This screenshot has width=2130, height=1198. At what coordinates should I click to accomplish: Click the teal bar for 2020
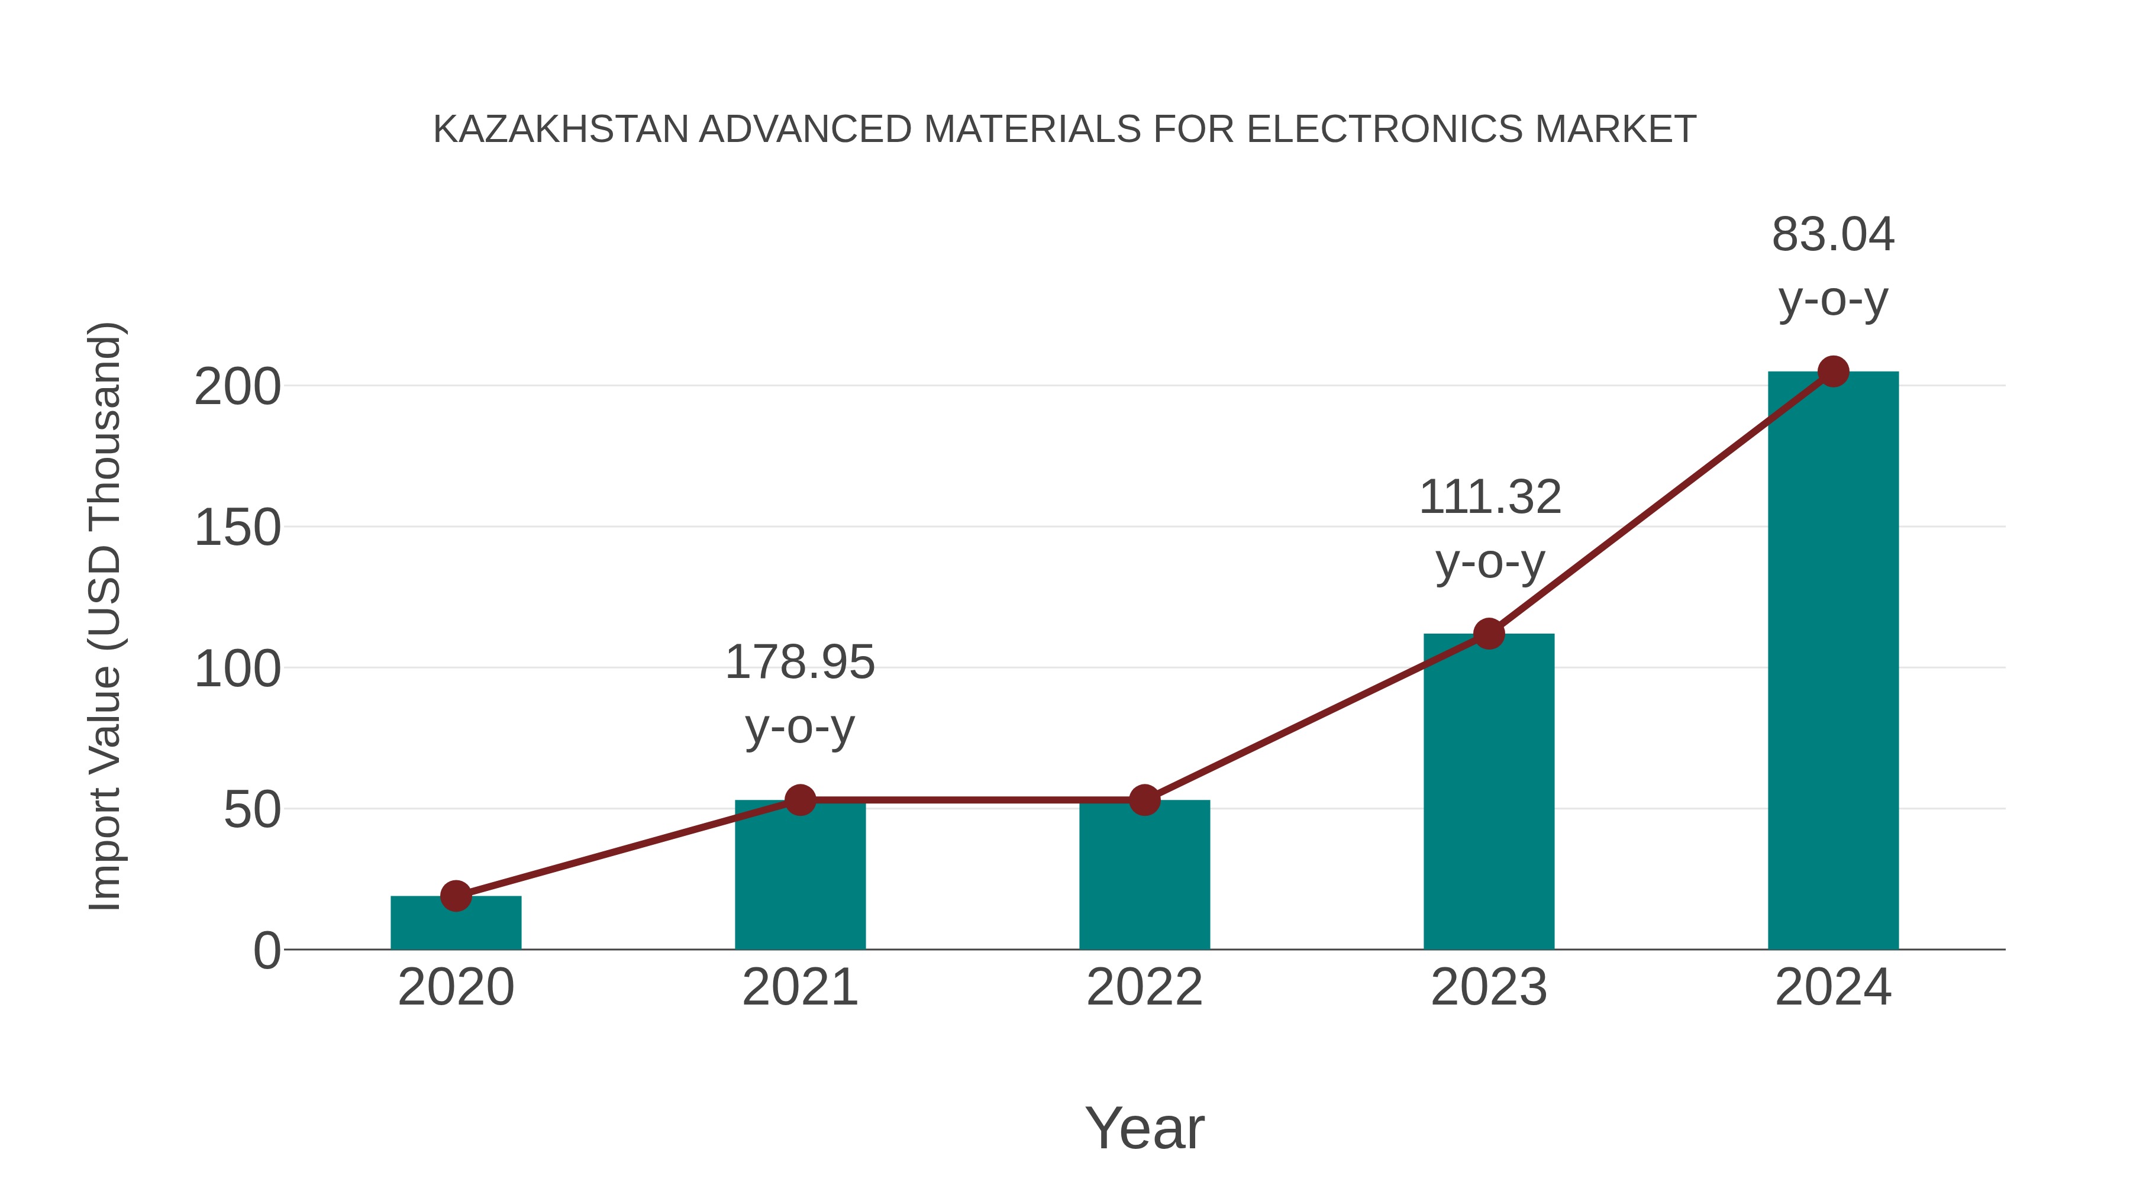[x=456, y=923]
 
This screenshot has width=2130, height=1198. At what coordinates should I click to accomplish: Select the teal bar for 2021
[x=799, y=876]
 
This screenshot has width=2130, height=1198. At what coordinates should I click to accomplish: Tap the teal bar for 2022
[x=1144, y=876]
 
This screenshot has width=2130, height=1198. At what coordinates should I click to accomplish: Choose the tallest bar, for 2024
[x=1833, y=661]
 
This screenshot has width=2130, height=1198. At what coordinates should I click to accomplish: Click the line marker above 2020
[x=456, y=896]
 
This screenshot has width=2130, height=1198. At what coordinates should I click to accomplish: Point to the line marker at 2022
[x=1144, y=800]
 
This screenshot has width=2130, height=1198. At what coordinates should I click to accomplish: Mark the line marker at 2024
[x=1833, y=372]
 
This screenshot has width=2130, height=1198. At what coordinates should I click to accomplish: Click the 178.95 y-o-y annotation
[x=799, y=695]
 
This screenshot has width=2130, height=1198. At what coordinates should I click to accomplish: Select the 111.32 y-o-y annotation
[x=1489, y=529]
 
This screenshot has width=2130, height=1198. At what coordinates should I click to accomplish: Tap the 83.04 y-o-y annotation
[x=1833, y=266]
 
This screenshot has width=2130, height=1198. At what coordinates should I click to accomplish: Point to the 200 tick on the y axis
[x=237, y=387]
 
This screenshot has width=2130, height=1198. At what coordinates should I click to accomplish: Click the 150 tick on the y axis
[x=237, y=528]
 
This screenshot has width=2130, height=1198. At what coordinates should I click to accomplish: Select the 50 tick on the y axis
[x=252, y=810]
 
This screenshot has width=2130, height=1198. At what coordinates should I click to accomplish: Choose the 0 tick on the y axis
[x=267, y=951]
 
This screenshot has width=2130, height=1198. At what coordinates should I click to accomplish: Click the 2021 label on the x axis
[x=799, y=987]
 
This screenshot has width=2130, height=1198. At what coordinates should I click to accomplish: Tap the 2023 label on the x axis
[x=1489, y=987]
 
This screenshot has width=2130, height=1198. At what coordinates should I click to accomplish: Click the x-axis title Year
[x=1144, y=1129]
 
